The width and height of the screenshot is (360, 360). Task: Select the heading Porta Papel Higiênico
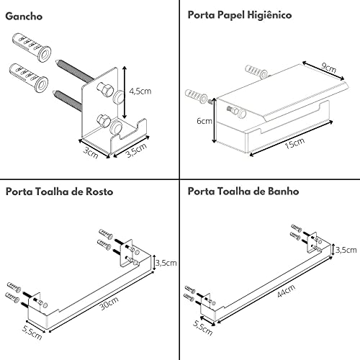[x=240, y=15]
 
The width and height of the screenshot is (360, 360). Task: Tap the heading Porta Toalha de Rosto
[x=59, y=192]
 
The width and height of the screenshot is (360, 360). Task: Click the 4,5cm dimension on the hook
[x=140, y=91]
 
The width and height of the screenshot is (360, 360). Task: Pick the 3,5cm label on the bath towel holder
[x=346, y=249]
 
